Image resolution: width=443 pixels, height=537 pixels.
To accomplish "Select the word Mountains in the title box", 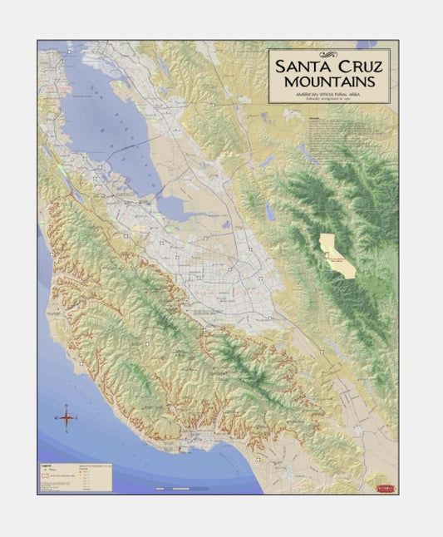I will pos(329,81).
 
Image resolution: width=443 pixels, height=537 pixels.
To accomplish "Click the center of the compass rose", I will pos(66,418).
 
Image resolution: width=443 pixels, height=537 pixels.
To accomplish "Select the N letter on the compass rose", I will pos(66,405).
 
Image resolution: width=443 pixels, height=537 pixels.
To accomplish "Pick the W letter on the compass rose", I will pos(55,418).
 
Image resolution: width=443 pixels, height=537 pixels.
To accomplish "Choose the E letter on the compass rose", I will pos(77,418).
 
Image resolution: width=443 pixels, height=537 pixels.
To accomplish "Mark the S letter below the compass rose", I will pos(66,431).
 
